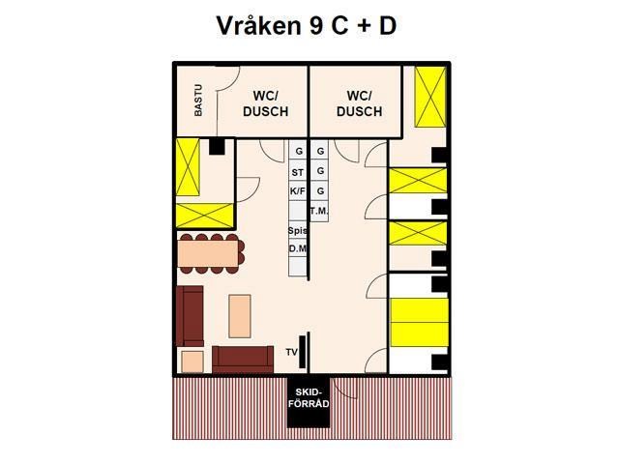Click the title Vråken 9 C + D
(x=306, y=26)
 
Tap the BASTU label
(x=198, y=101)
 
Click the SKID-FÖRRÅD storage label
(x=309, y=397)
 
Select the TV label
(x=292, y=352)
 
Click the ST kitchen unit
(x=298, y=171)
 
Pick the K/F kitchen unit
(x=298, y=191)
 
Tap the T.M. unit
(x=319, y=211)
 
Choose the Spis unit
(x=298, y=230)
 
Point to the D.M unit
(x=298, y=248)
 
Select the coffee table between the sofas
(x=240, y=316)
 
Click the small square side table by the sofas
(x=192, y=362)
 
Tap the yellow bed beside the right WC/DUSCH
(x=430, y=97)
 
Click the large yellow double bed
(x=419, y=322)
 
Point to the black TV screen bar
(x=303, y=352)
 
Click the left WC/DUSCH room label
(x=265, y=103)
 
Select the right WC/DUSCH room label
(x=359, y=103)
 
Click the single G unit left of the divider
(x=298, y=150)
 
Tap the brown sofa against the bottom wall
(x=243, y=360)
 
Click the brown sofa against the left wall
(x=190, y=316)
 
